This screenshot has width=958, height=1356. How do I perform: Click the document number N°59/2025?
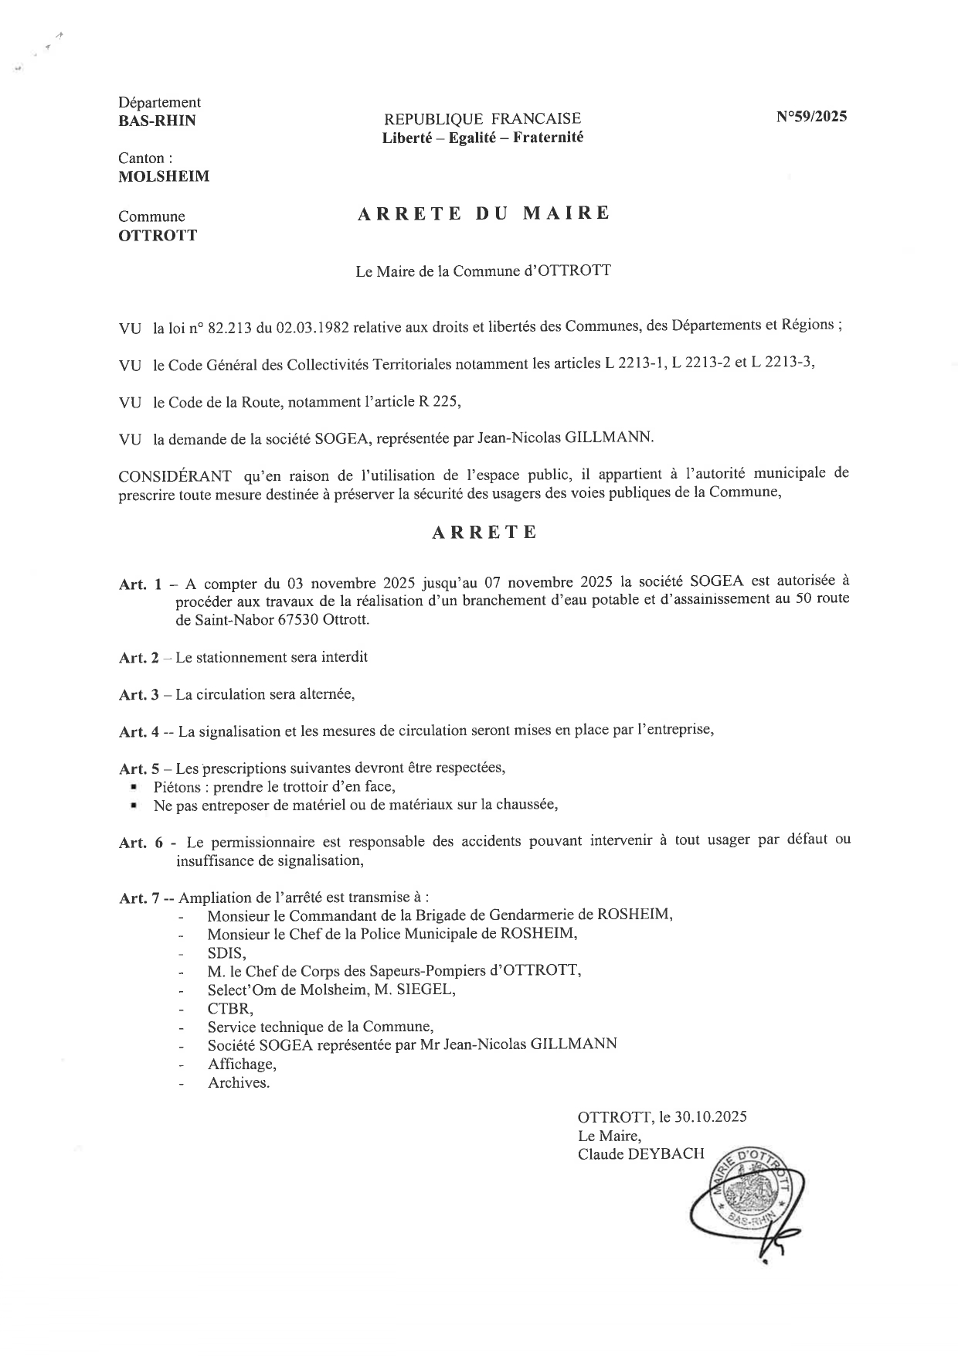point(811,118)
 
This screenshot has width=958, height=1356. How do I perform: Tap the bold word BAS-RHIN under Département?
point(157,121)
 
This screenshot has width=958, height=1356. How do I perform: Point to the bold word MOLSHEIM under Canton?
point(164,176)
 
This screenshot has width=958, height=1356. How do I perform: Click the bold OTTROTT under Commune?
point(158,235)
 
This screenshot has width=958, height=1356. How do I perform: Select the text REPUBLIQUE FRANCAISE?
point(483,118)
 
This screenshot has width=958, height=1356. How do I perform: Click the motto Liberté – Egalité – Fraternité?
point(483,138)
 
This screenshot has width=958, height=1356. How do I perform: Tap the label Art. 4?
point(139,731)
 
